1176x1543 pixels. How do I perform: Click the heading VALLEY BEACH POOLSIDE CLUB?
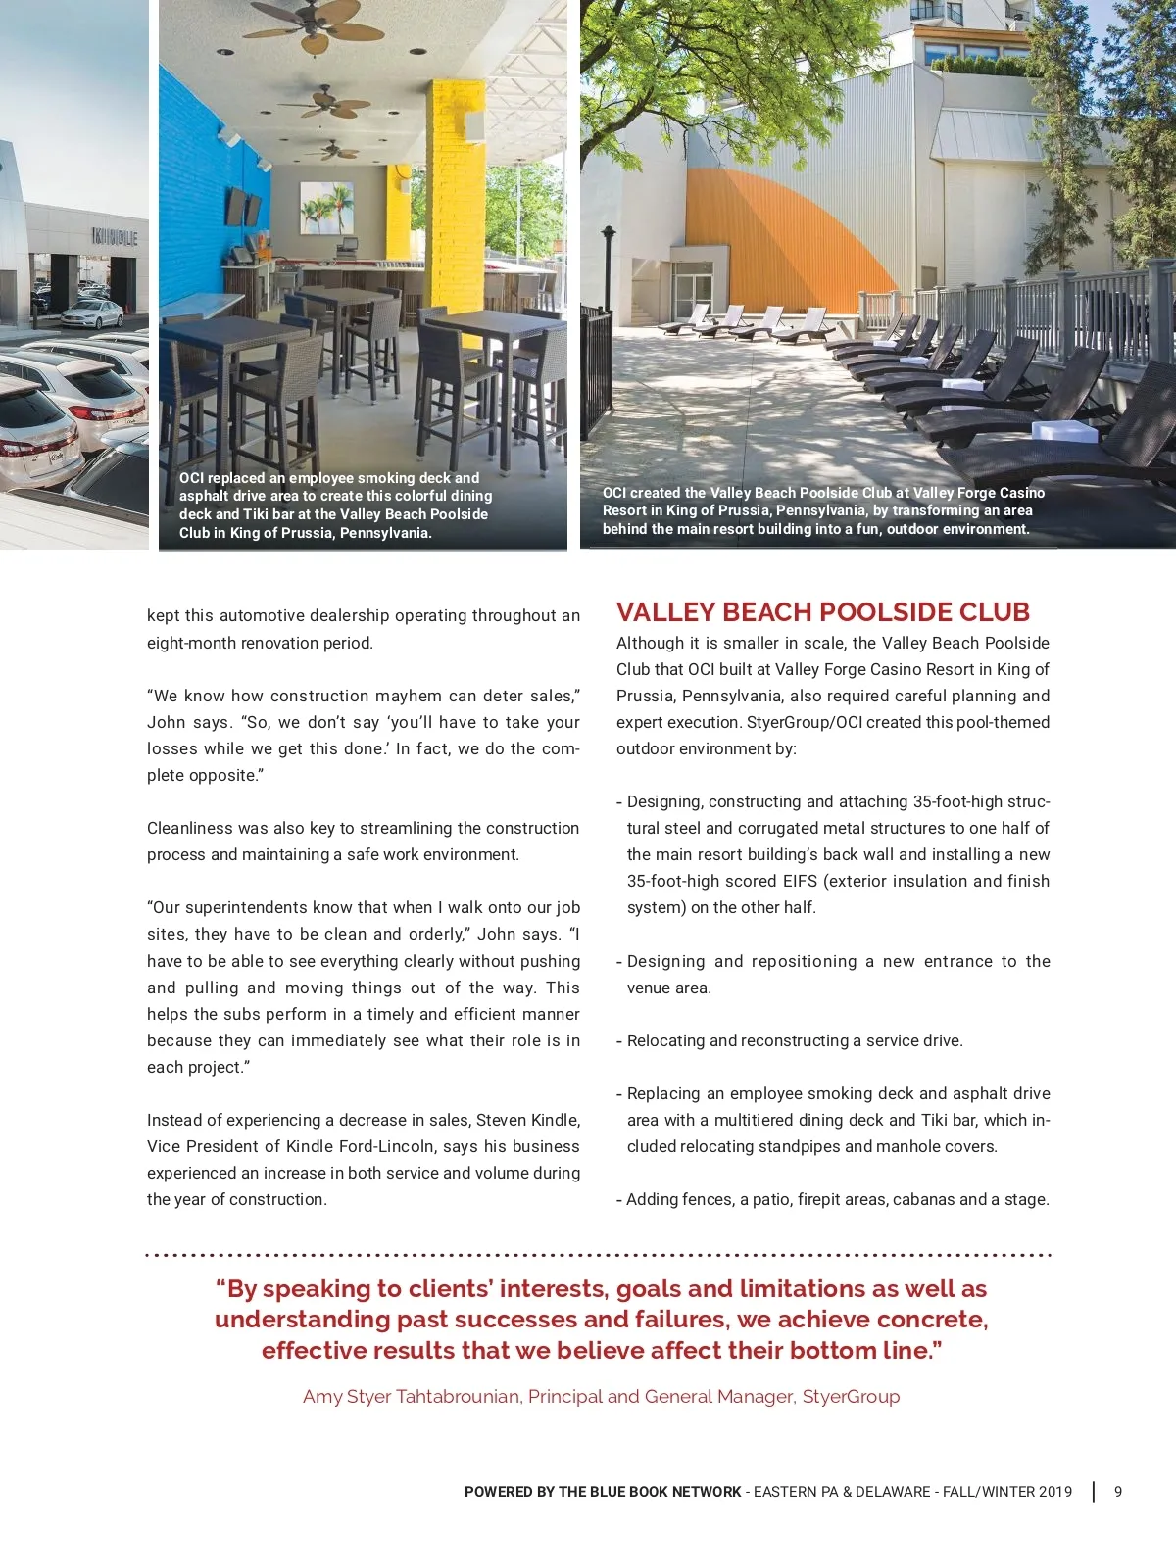coord(822,612)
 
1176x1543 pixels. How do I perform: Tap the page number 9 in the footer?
coord(1118,1492)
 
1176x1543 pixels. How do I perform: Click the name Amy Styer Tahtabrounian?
coord(411,1396)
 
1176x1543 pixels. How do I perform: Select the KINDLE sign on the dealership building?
coord(115,237)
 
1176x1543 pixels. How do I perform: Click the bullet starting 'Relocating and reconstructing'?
coord(794,1040)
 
